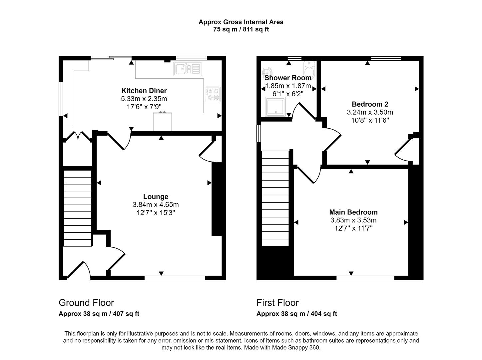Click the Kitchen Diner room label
144,91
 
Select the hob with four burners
213,94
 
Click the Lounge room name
156,197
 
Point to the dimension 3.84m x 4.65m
156,205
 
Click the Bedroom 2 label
370,104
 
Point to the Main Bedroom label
353,212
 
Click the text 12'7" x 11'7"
353,228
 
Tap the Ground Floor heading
86,303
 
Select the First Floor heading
277,303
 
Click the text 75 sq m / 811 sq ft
241,29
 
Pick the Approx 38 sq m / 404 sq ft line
296,314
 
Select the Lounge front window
175,277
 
